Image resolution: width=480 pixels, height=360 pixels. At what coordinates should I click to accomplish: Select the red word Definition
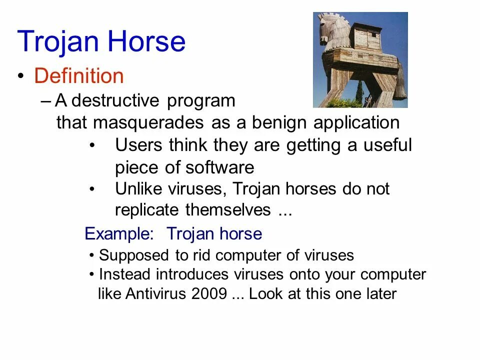click(x=79, y=76)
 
